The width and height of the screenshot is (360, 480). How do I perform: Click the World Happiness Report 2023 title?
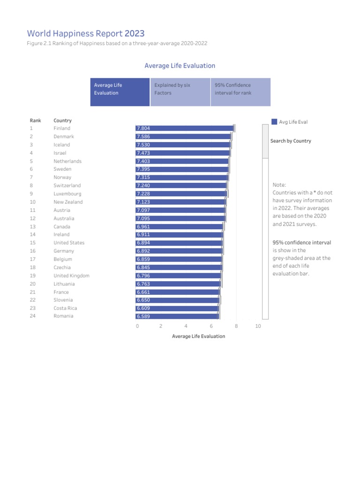(86, 34)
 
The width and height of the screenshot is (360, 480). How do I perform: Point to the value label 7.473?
(142, 153)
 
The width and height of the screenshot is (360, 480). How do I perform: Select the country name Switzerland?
(67, 186)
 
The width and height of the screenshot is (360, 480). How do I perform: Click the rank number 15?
(32, 243)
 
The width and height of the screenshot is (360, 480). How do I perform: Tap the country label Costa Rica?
(65, 308)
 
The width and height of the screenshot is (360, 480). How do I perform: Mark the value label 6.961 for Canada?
(142, 227)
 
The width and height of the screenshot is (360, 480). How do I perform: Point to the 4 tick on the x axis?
(186, 326)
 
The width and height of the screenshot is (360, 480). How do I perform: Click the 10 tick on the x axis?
(258, 326)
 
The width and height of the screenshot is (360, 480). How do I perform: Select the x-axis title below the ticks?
(198, 336)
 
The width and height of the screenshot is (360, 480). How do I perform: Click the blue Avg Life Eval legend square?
(274, 122)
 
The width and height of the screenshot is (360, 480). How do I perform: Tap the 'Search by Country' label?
(291, 141)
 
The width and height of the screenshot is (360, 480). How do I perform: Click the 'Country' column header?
(62, 120)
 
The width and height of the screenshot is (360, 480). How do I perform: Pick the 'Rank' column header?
(35, 120)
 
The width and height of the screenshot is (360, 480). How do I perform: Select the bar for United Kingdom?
(179, 276)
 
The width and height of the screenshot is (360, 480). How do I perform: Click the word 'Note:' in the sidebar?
(279, 185)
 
